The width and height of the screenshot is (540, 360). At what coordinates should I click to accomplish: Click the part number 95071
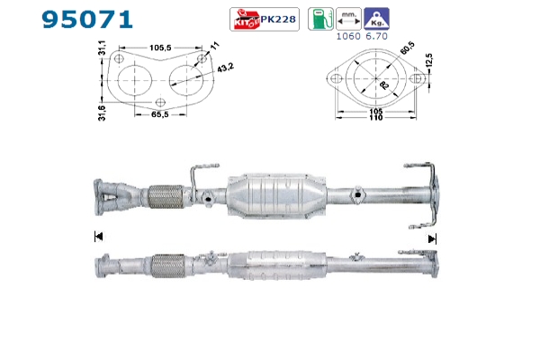pyautogui.click(x=87, y=19)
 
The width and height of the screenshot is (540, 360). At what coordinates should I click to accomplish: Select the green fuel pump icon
pyautogui.click(x=320, y=19)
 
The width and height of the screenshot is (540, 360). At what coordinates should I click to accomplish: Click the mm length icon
pyautogui.click(x=348, y=19)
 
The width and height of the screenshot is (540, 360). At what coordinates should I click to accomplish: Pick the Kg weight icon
pyautogui.click(x=376, y=19)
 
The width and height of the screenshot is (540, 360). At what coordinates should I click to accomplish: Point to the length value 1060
pyautogui.click(x=348, y=36)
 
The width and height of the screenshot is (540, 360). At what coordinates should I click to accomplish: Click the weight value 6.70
pyautogui.click(x=376, y=36)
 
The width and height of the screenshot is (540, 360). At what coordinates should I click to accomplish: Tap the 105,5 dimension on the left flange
pyautogui.click(x=160, y=48)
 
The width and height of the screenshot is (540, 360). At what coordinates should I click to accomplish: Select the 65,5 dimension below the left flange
pyautogui.click(x=160, y=114)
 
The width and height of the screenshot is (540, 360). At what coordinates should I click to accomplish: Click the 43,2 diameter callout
pyautogui.click(x=225, y=67)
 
